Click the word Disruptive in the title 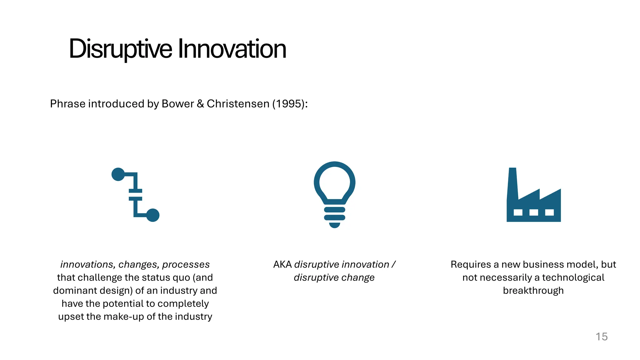pos(120,49)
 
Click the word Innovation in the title pos(232,49)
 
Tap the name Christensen pos(238,104)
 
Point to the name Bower pos(177,104)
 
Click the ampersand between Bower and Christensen pos(200,104)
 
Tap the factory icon pos(533,200)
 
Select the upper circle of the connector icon pos(118,174)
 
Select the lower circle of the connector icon pos(153,215)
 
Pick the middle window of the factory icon pos(534,212)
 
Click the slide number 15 pos(601,337)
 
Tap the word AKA pos(282,265)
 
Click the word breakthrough pos(533,291)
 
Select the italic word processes pos(186,265)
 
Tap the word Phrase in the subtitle pos(67,104)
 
